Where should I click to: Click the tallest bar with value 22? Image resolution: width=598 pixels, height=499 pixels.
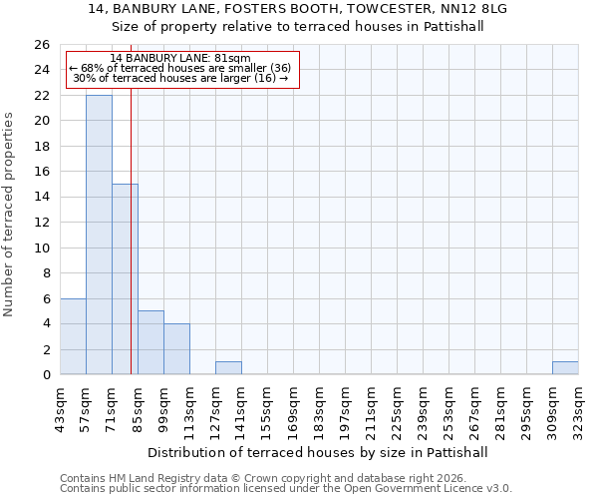99,235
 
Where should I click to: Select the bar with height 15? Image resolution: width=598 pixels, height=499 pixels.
125,279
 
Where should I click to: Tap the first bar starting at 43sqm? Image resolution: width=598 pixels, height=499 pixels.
73,336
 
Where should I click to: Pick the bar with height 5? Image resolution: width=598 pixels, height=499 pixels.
150,342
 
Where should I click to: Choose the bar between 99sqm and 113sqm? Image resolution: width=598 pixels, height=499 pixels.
176,349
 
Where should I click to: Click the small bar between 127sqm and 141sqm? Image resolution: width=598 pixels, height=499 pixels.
228,368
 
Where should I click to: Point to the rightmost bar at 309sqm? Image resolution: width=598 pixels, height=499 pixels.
565,368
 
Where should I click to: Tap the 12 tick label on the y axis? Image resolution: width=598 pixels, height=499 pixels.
41,223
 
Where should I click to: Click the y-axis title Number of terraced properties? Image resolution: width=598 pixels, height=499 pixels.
10,215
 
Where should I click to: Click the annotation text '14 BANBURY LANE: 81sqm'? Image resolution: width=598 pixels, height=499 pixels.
180,59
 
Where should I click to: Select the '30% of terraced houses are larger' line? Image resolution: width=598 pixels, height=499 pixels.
180,78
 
